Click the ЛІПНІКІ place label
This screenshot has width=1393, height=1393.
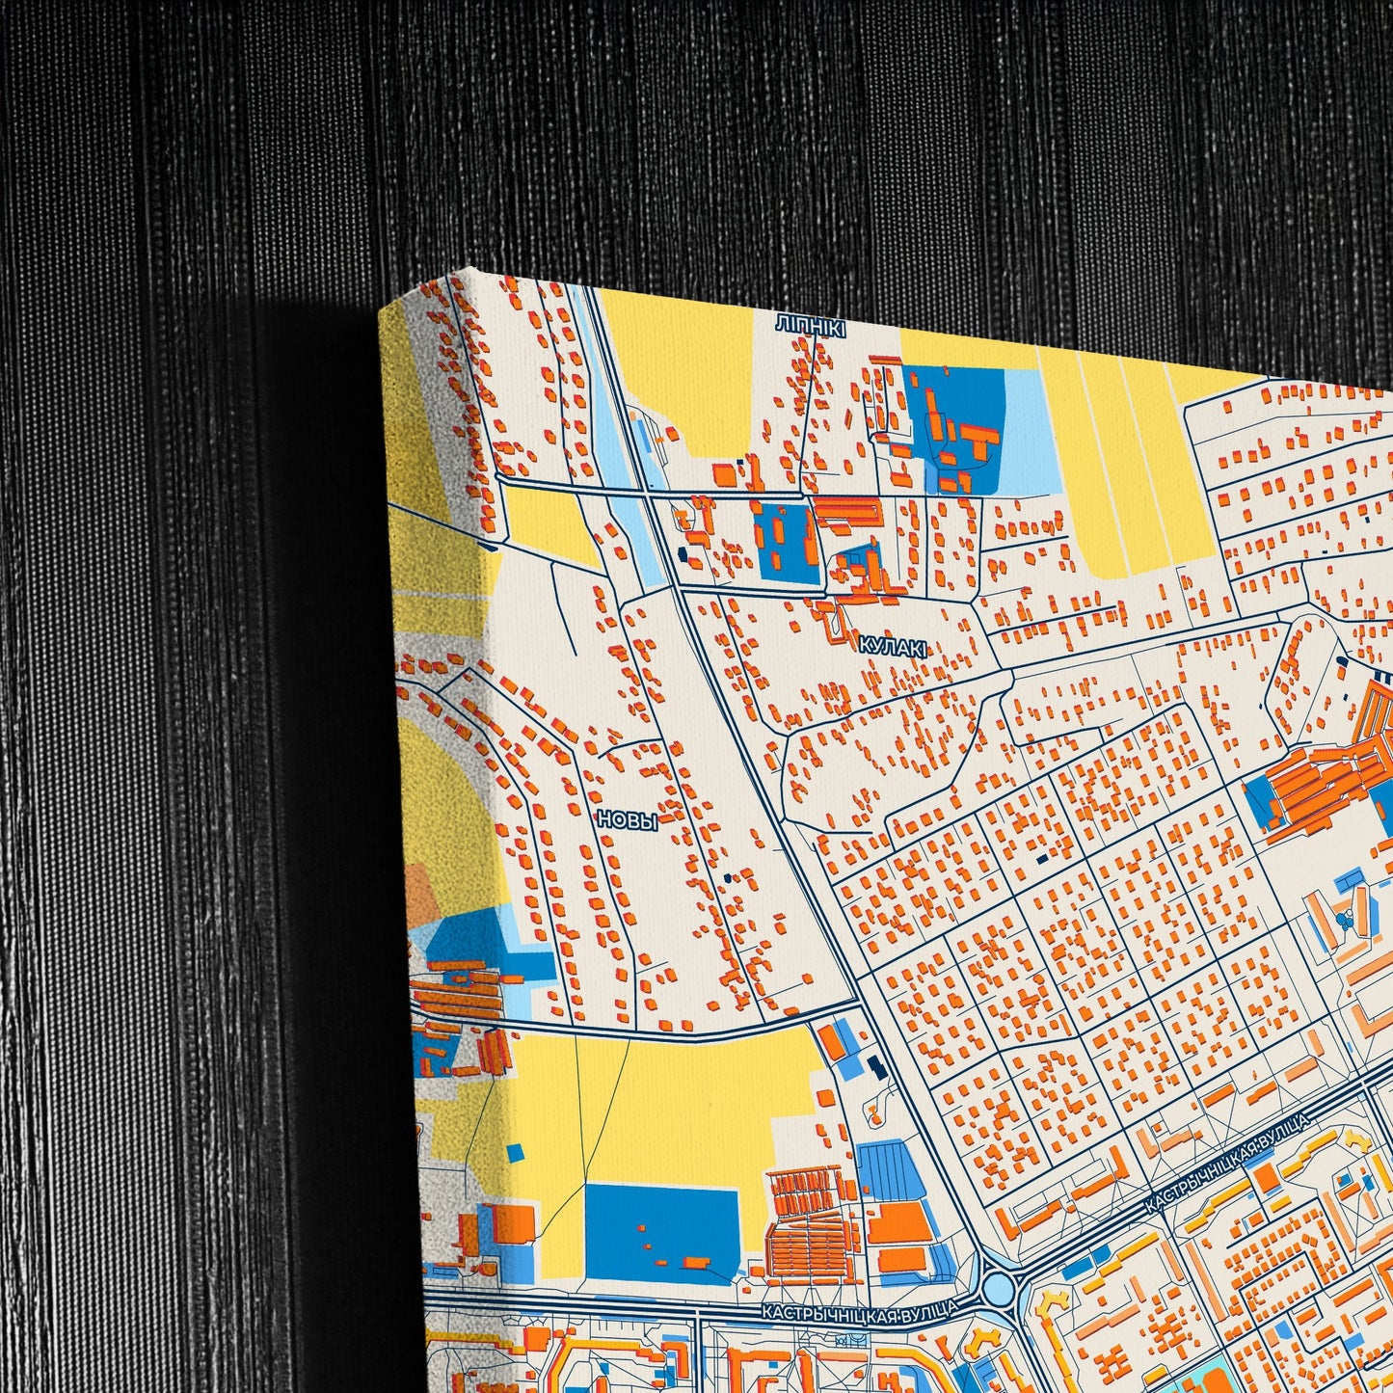tap(810, 329)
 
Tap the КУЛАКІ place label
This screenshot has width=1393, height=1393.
tap(893, 649)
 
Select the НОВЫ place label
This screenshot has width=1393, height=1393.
tap(627, 820)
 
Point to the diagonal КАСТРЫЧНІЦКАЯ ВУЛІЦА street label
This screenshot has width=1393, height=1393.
tap(1226, 1163)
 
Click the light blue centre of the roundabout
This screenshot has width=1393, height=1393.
tap(999, 1287)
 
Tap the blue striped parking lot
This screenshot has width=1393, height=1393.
tap(890, 1170)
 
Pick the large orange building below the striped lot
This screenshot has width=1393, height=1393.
tap(898, 1223)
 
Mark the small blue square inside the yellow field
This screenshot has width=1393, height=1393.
tap(515, 1151)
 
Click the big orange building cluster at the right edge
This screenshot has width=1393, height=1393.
tap(1326, 781)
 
